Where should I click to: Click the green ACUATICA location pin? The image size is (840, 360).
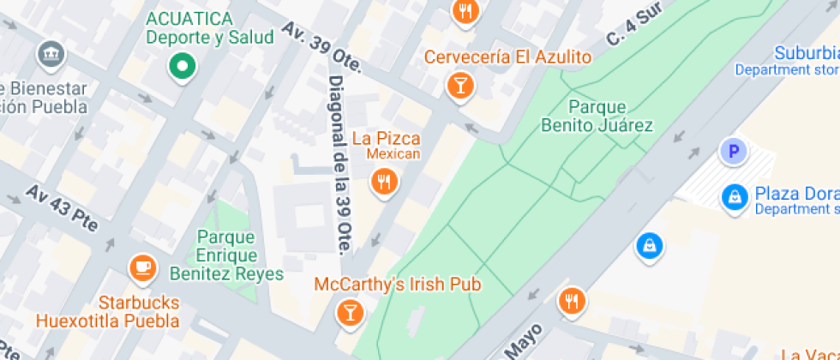pos(182,66)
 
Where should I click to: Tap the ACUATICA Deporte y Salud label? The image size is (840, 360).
pos(209,27)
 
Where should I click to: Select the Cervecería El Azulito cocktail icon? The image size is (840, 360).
pos(460,85)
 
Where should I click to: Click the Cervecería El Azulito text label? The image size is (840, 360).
pos(508,57)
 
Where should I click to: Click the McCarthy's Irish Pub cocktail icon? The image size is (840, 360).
pos(350,311)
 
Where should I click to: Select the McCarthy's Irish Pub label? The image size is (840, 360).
pos(398,284)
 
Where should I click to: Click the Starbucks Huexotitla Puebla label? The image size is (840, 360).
pos(138,312)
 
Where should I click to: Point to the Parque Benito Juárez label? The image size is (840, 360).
pos(597,117)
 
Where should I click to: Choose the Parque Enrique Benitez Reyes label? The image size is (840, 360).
pos(227,255)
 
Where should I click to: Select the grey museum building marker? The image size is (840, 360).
pos(51,57)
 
